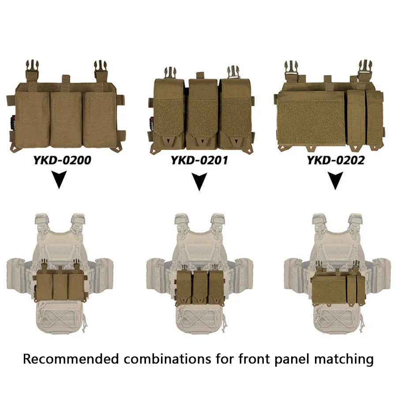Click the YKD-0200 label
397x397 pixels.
[62, 160]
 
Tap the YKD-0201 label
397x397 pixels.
[199, 160]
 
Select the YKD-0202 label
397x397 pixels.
[336, 160]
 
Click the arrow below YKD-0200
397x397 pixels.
[59, 179]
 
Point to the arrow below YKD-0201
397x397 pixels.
[199, 181]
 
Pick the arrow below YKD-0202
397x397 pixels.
[336, 180]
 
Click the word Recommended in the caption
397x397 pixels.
[71, 359]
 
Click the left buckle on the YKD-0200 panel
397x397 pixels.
[32, 70]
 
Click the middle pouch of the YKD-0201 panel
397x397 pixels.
[202, 114]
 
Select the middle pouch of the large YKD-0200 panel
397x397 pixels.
[66, 119]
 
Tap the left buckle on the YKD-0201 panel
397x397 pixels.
[170, 73]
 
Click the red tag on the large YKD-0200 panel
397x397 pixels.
[14, 124]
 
